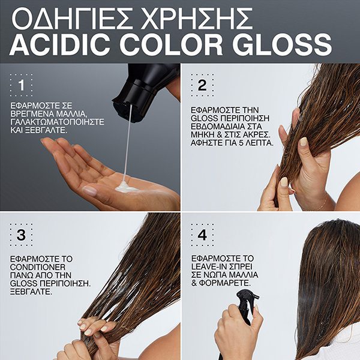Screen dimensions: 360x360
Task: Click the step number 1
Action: tap(22, 85)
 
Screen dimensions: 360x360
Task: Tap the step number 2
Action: tap(202, 85)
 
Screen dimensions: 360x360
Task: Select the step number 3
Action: tap(21, 235)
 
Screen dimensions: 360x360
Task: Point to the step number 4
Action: tap(202, 235)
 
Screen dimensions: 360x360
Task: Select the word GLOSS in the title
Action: tap(282, 44)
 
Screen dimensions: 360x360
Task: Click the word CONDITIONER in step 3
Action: tap(38, 267)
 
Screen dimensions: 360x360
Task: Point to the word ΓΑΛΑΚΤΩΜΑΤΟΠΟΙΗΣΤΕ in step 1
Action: tap(57, 122)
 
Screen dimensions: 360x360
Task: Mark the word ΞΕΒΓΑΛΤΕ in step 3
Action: tap(31, 292)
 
